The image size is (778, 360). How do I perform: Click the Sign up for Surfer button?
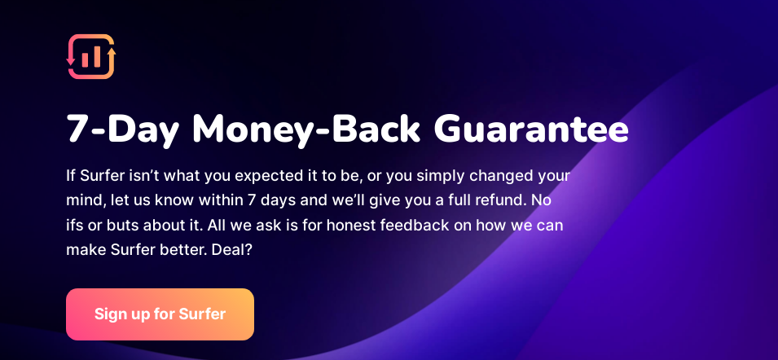[x=160, y=314]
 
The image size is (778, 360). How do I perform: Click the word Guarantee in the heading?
[x=531, y=130]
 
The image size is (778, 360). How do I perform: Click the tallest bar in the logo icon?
[x=95, y=56]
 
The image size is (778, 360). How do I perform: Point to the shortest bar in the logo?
[x=86, y=59]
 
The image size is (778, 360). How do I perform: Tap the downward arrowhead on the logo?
[x=70, y=60]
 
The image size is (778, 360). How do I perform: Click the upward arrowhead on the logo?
[x=112, y=51]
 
